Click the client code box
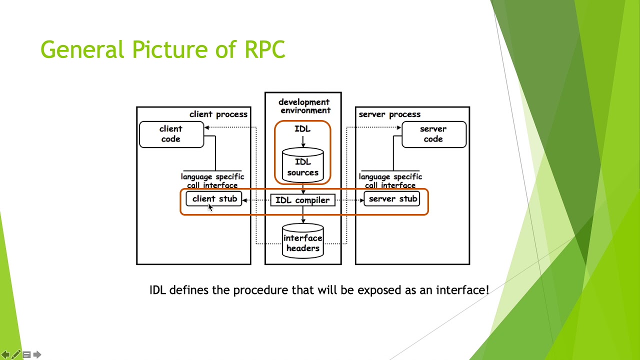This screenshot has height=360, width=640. (171, 134)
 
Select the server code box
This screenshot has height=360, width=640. (433, 134)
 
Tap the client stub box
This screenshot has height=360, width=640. (214, 199)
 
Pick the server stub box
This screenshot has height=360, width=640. (392, 199)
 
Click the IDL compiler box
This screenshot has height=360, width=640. (303, 200)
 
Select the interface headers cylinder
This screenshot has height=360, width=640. (303, 242)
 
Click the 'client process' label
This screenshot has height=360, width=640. (218, 114)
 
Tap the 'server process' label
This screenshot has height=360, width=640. (389, 114)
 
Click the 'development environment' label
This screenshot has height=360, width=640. (304, 106)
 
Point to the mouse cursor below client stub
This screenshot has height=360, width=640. (210, 207)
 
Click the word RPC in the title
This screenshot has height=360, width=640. (264, 50)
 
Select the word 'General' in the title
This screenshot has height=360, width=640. (82, 50)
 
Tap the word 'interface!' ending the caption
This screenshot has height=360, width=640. (462, 290)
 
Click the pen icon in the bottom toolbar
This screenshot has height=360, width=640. (16, 354)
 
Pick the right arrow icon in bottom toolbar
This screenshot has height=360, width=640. (37, 354)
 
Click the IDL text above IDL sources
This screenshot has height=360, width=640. (302, 129)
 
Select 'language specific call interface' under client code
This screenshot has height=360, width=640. (212, 181)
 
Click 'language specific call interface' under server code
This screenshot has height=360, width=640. (390, 181)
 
